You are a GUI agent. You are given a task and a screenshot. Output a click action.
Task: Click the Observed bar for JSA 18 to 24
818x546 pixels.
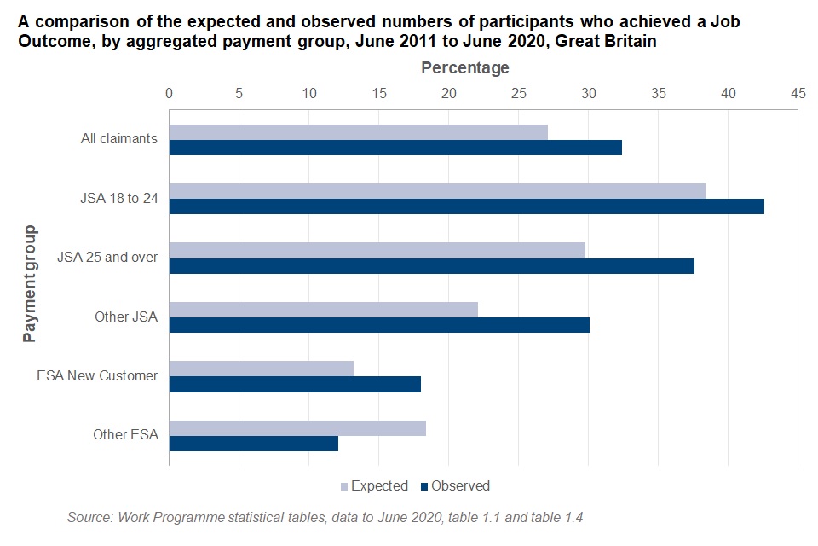click(466, 206)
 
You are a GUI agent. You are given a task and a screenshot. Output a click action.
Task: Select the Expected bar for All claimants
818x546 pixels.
click(358, 131)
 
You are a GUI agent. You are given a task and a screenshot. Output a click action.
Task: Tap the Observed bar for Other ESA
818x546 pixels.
click(254, 444)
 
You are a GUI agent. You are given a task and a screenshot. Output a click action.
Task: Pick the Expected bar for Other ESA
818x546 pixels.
click(297, 427)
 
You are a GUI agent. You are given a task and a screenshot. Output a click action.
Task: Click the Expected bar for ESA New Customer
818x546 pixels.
click(261, 369)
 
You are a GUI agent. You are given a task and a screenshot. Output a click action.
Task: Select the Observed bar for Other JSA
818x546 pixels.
click(379, 325)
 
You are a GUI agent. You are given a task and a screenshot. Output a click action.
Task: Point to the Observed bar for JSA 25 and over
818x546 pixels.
click(431, 266)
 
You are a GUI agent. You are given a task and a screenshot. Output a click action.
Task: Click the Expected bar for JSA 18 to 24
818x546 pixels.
click(437, 190)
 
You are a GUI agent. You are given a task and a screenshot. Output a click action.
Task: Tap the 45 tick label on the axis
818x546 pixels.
click(798, 92)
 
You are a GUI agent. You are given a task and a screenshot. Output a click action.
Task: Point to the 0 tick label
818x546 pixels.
click(170, 92)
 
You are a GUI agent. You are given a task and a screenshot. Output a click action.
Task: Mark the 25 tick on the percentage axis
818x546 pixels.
click(518, 92)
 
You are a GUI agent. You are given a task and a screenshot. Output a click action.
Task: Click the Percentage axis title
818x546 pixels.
click(465, 67)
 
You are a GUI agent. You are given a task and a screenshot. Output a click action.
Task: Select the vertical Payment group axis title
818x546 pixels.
click(30, 282)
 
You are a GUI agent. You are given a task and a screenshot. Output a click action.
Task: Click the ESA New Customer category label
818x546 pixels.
click(97, 375)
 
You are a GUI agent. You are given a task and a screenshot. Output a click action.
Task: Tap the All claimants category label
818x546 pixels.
click(118, 138)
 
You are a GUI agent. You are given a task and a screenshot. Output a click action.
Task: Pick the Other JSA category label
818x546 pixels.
click(126, 317)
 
